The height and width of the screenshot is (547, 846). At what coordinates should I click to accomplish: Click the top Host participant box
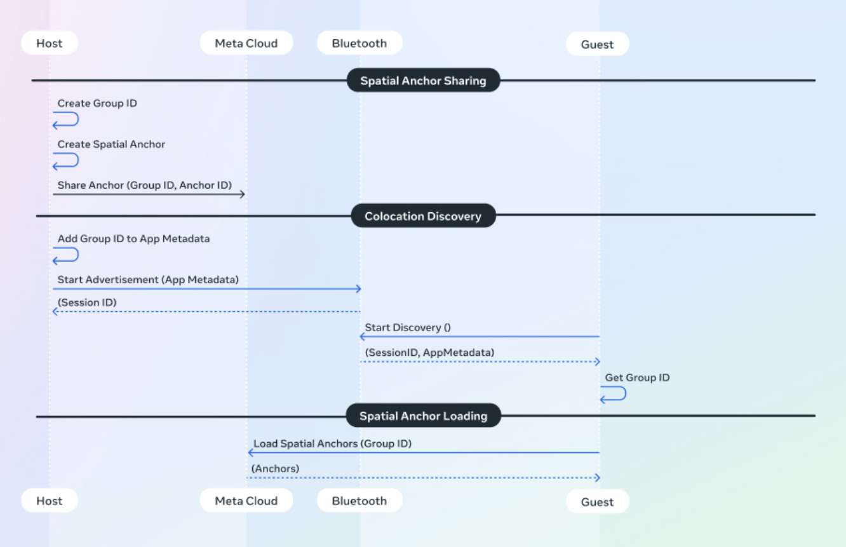[x=50, y=43]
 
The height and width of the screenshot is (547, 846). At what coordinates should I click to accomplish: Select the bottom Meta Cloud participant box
[x=246, y=501]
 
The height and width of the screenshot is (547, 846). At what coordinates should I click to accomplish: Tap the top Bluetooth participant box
[x=359, y=43]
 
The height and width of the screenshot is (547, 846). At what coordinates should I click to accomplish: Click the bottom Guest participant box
[x=598, y=502]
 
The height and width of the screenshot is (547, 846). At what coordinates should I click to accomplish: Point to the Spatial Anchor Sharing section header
[x=424, y=81]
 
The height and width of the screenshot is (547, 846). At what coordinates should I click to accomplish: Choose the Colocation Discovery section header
[x=423, y=216]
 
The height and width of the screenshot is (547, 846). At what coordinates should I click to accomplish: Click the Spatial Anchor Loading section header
[x=424, y=415]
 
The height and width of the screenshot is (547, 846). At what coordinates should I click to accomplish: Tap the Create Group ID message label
[x=97, y=103]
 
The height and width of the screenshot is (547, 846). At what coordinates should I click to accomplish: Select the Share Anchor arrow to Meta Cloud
[x=149, y=194]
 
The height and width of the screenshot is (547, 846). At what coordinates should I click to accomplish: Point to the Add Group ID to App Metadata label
[x=133, y=239]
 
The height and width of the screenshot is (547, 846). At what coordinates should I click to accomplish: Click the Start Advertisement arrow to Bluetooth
[x=207, y=288]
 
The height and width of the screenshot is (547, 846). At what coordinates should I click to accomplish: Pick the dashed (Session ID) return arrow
[x=206, y=311]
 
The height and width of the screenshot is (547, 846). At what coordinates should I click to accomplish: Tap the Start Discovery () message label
[x=408, y=327]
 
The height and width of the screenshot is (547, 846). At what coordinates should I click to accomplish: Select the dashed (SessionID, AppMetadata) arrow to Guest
[x=480, y=361]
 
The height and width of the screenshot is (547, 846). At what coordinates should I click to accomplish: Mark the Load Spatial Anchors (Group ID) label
[x=332, y=443]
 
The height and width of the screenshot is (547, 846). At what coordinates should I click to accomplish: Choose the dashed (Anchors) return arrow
[x=424, y=478]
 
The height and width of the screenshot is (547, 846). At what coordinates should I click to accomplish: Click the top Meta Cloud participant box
[x=246, y=43]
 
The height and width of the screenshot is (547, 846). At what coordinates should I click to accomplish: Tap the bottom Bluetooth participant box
[x=359, y=501]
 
